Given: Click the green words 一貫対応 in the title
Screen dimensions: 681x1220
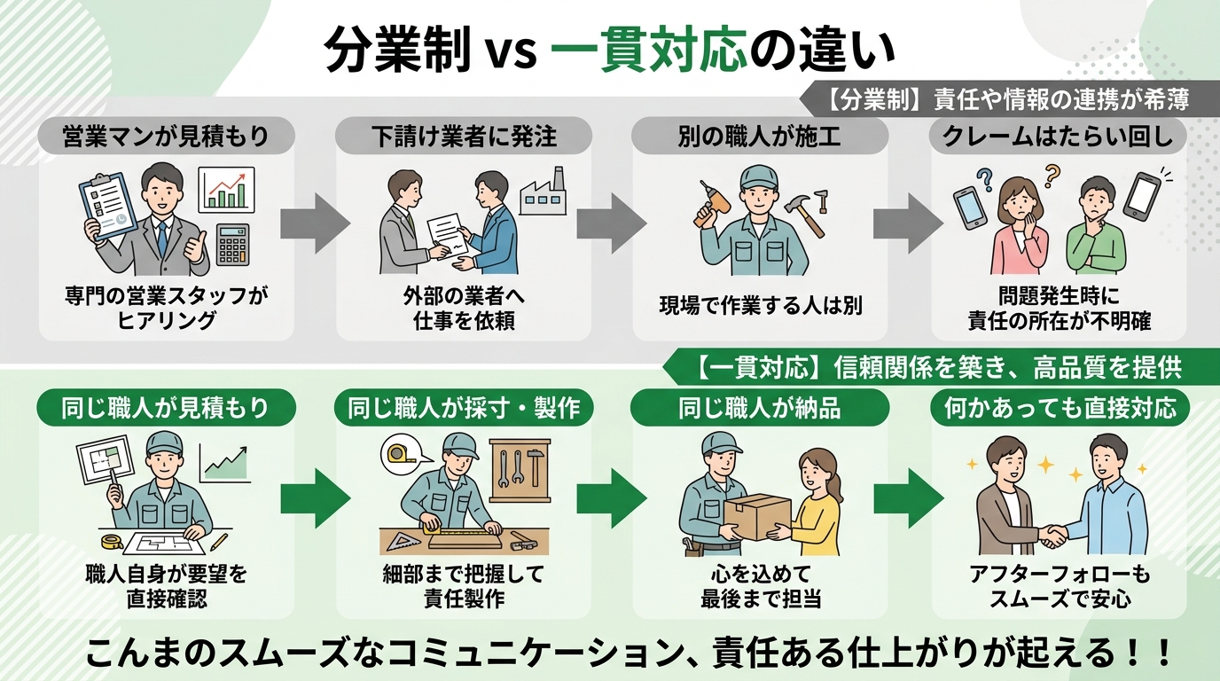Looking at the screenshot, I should (x=647, y=53).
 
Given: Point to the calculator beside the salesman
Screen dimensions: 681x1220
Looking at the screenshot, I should (x=233, y=244).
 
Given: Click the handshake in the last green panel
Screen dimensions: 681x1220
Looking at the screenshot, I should (x=1055, y=535).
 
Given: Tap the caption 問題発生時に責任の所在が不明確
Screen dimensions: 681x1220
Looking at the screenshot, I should (x=1059, y=310).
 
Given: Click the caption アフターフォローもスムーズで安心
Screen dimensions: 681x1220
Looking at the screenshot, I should (x=1059, y=586).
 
